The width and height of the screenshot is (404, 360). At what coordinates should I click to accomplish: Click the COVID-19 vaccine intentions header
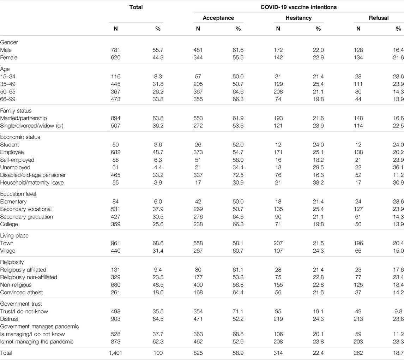(299, 7)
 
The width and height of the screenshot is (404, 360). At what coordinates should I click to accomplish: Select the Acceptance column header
(218, 18)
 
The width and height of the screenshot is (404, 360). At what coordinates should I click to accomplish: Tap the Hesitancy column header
(299, 18)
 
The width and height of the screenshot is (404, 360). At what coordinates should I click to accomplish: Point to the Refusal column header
(379, 18)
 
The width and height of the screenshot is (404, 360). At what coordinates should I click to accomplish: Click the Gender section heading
(9, 42)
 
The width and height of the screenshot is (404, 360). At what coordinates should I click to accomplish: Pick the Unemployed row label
(15, 168)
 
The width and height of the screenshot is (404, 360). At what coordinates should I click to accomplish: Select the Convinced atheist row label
(22, 293)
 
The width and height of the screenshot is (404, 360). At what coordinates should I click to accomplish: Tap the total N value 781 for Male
(115, 50)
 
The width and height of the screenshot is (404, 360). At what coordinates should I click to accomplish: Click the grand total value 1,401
(115, 353)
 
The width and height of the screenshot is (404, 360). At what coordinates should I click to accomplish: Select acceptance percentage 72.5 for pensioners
(238, 175)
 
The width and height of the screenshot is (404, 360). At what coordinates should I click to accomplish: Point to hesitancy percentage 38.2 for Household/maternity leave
(318, 183)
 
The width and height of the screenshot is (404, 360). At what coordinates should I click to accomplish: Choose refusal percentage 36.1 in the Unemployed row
(398, 168)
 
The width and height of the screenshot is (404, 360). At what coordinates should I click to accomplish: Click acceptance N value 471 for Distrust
(198, 319)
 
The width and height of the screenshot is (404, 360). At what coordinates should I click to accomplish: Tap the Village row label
(8, 251)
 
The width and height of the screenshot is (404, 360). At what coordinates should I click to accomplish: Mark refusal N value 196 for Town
(358, 243)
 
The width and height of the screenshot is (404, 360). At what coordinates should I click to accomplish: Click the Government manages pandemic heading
(40, 326)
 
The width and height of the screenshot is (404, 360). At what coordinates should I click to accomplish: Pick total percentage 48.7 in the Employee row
(158, 152)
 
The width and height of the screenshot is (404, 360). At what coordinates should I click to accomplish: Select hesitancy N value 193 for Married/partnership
(278, 118)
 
